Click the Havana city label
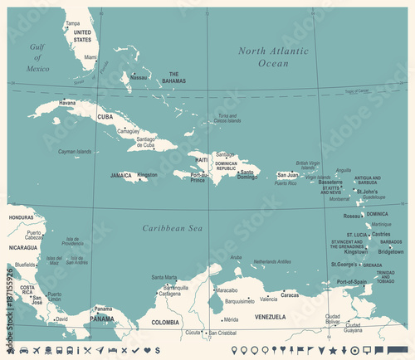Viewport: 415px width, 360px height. click(x=67, y=103)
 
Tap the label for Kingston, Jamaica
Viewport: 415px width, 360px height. click(x=147, y=175)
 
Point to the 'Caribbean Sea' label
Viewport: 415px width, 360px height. click(x=172, y=227)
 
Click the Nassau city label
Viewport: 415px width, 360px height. click(x=139, y=77)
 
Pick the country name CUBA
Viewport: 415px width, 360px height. click(x=105, y=117)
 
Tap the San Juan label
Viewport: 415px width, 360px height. click(x=287, y=175)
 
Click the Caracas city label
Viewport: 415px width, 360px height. click(x=289, y=294)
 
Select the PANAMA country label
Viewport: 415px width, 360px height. click(x=102, y=319)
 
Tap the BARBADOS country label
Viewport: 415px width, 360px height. click(x=392, y=241)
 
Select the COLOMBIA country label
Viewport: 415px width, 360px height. click(x=164, y=322)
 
